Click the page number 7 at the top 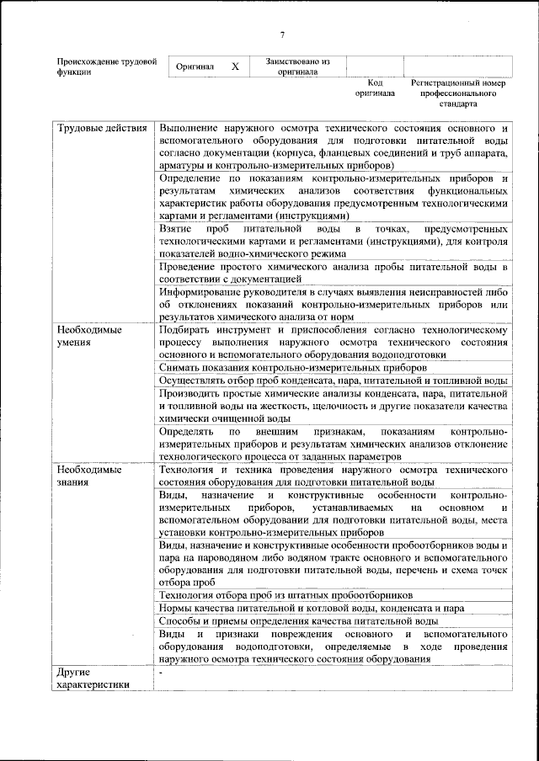[x=282, y=34]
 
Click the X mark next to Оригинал [x=235, y=66]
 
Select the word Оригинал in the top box [x=194, y=67]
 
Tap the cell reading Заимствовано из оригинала [x=297, y=67]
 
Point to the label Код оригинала [x=375, y=88]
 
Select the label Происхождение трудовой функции [x=105, y=67]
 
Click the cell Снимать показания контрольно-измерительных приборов [x=292, y=368]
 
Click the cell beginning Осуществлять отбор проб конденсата [x=333, y=380]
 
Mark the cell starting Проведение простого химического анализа [x=333, y=272]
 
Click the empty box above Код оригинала [x=375, y=66]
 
